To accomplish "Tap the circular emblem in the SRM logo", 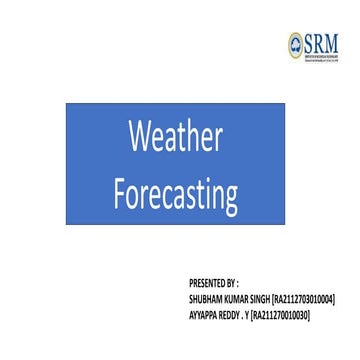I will [295, 42].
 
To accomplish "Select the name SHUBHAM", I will [205, 299].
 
